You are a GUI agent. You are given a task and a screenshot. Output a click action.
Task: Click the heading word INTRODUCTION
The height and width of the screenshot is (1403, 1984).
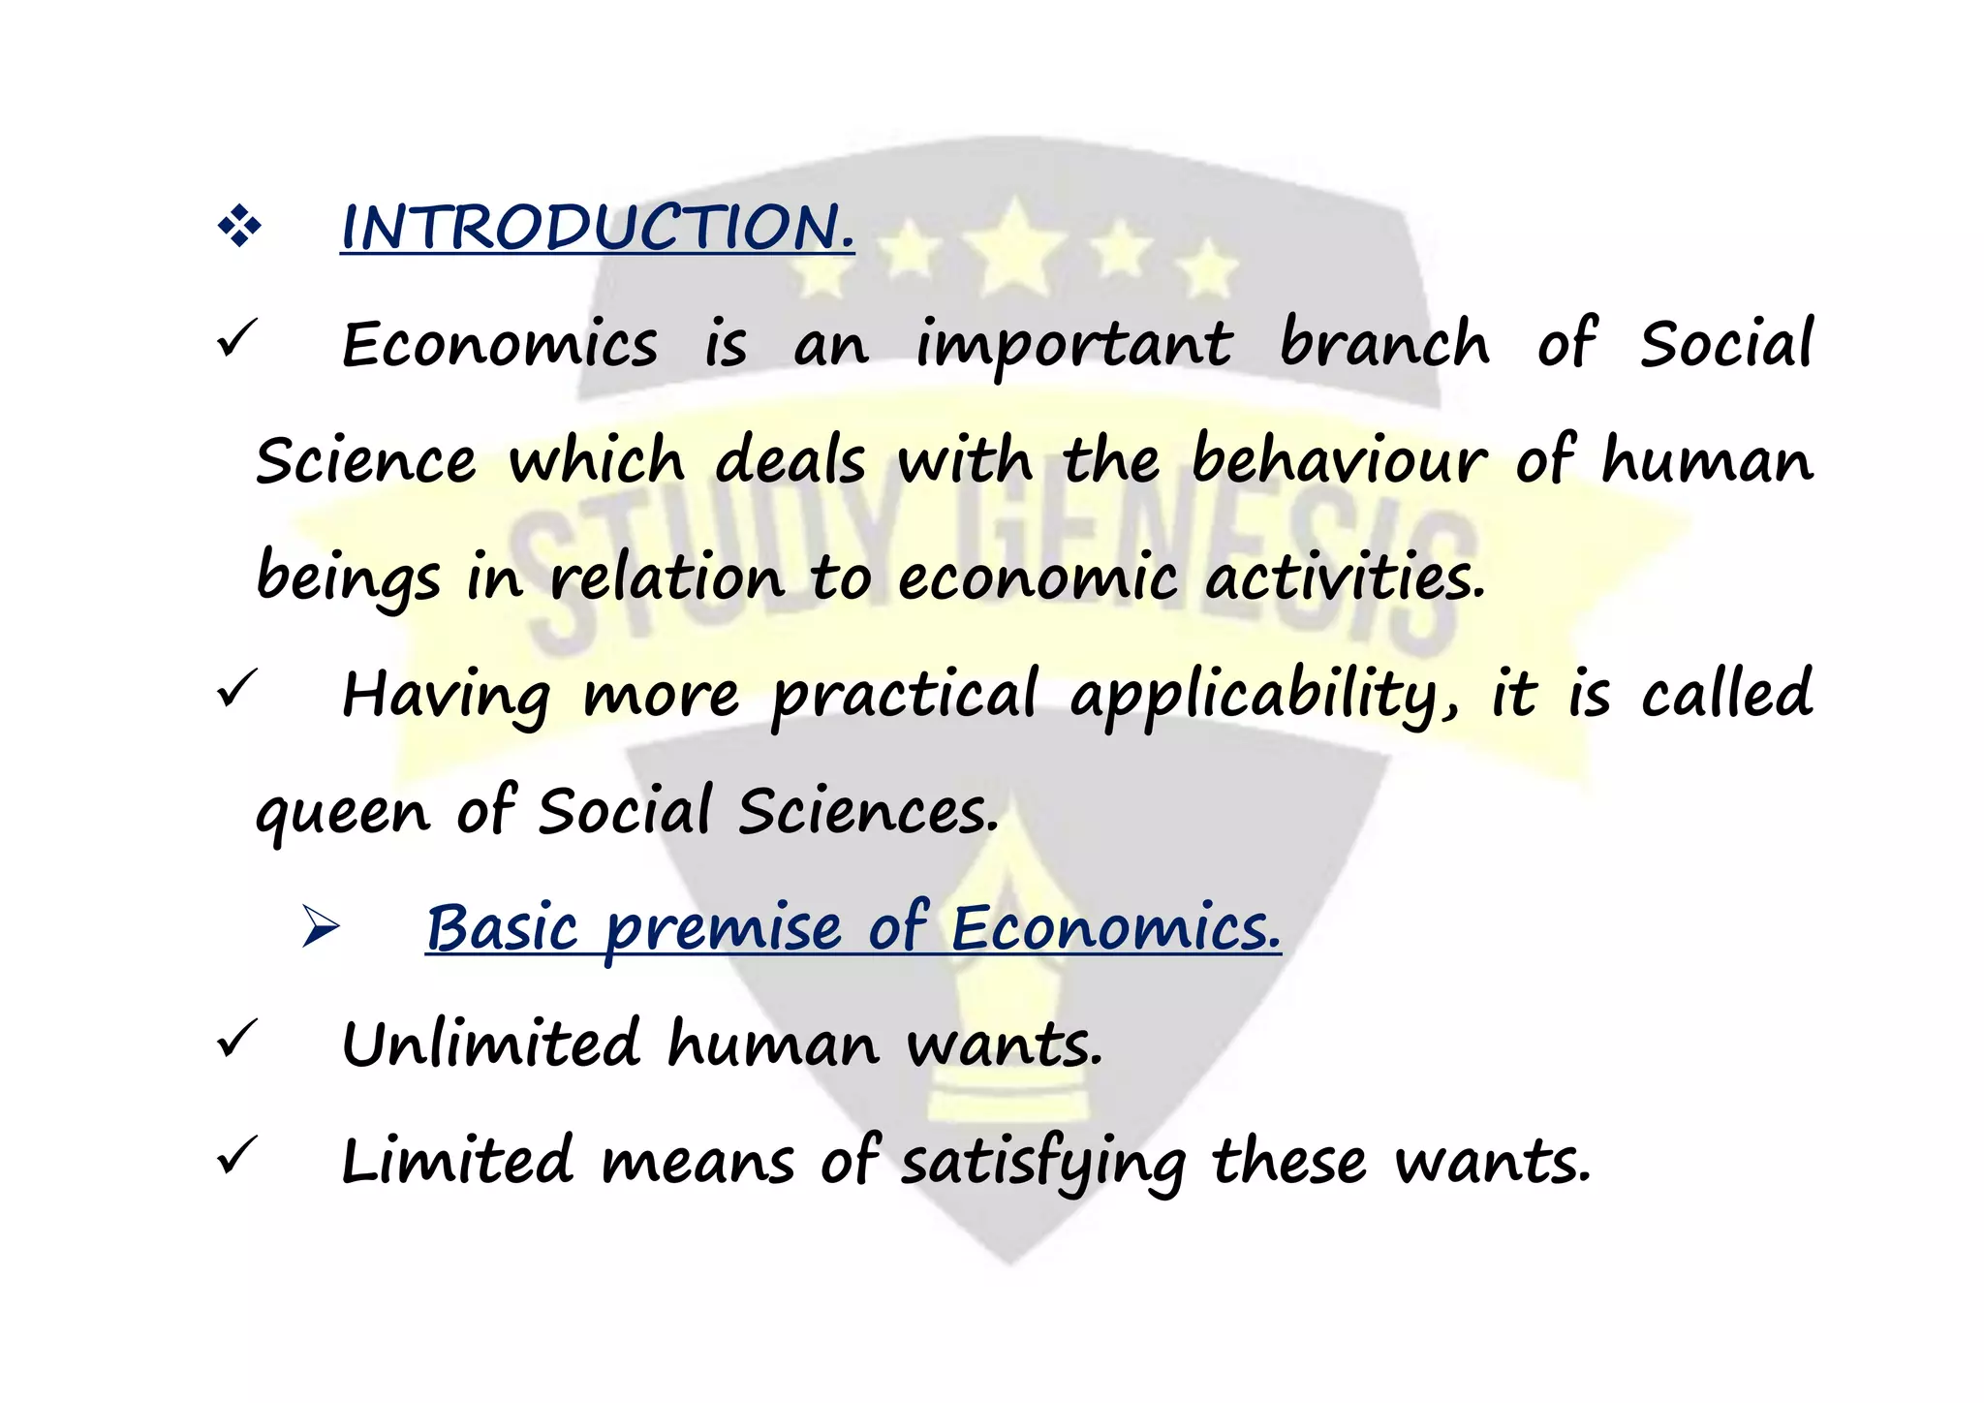598,228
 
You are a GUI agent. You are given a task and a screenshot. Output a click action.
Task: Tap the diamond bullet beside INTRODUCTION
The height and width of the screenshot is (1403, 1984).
239,229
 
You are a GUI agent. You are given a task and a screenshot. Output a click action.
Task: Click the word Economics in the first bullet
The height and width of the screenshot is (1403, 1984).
500,345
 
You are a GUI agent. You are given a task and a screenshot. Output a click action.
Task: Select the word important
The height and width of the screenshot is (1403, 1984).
1074,346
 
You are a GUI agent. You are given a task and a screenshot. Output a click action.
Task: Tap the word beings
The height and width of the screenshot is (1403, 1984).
348,577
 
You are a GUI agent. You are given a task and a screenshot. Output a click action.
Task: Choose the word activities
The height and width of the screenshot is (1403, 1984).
1345,577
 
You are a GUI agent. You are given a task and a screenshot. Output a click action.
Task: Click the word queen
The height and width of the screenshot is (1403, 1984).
342,812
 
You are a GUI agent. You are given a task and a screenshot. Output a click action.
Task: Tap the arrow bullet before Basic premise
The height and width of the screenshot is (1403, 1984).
321,926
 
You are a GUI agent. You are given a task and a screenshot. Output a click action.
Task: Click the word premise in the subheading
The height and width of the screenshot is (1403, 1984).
724,928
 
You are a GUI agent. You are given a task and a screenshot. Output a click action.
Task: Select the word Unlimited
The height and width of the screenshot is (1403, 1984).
491,1044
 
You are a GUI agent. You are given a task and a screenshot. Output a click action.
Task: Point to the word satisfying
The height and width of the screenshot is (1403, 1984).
1043,1162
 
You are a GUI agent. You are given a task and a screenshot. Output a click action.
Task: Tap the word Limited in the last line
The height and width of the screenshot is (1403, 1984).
458,1161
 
